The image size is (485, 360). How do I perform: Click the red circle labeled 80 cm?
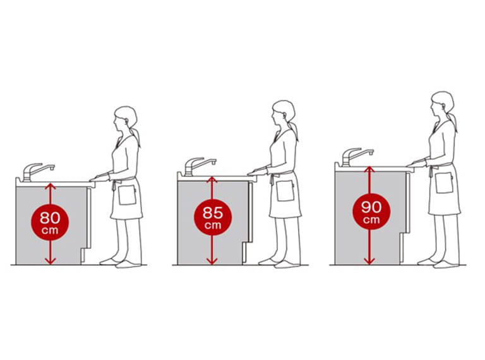[x=50, y=222]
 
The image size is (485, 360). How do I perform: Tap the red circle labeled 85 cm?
[x=212, y=217]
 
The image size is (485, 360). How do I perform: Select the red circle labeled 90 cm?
[x=371, y=212]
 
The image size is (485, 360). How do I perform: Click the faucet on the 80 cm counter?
[x=37, y=172]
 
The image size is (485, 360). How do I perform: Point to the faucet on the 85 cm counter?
[x=198, y=166]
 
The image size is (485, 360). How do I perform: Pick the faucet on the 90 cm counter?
[x=356, y=157]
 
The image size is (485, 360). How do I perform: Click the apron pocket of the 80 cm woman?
[x=127, y=195]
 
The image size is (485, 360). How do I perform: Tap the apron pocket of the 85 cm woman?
[x=285, y=191]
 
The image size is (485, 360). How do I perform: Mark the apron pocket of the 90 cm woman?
[x=444, y=183]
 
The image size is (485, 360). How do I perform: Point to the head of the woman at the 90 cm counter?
[x=442, y=103]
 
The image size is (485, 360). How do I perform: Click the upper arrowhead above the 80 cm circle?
[x=51, y=186]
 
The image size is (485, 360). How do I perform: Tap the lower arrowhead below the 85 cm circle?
[x=212, y=261]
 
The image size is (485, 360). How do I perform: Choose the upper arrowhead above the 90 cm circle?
[x=369, y=169]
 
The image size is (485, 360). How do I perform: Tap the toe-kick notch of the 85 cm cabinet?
[x=245, y=254]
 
